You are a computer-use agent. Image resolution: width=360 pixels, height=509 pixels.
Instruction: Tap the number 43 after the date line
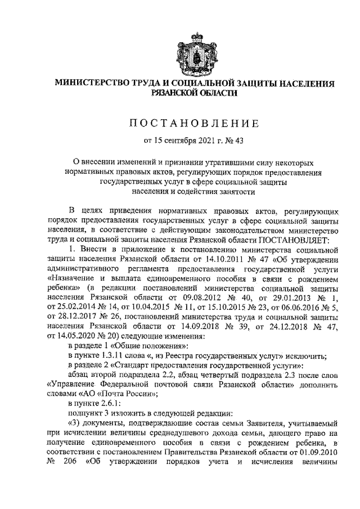click(243, 140)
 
